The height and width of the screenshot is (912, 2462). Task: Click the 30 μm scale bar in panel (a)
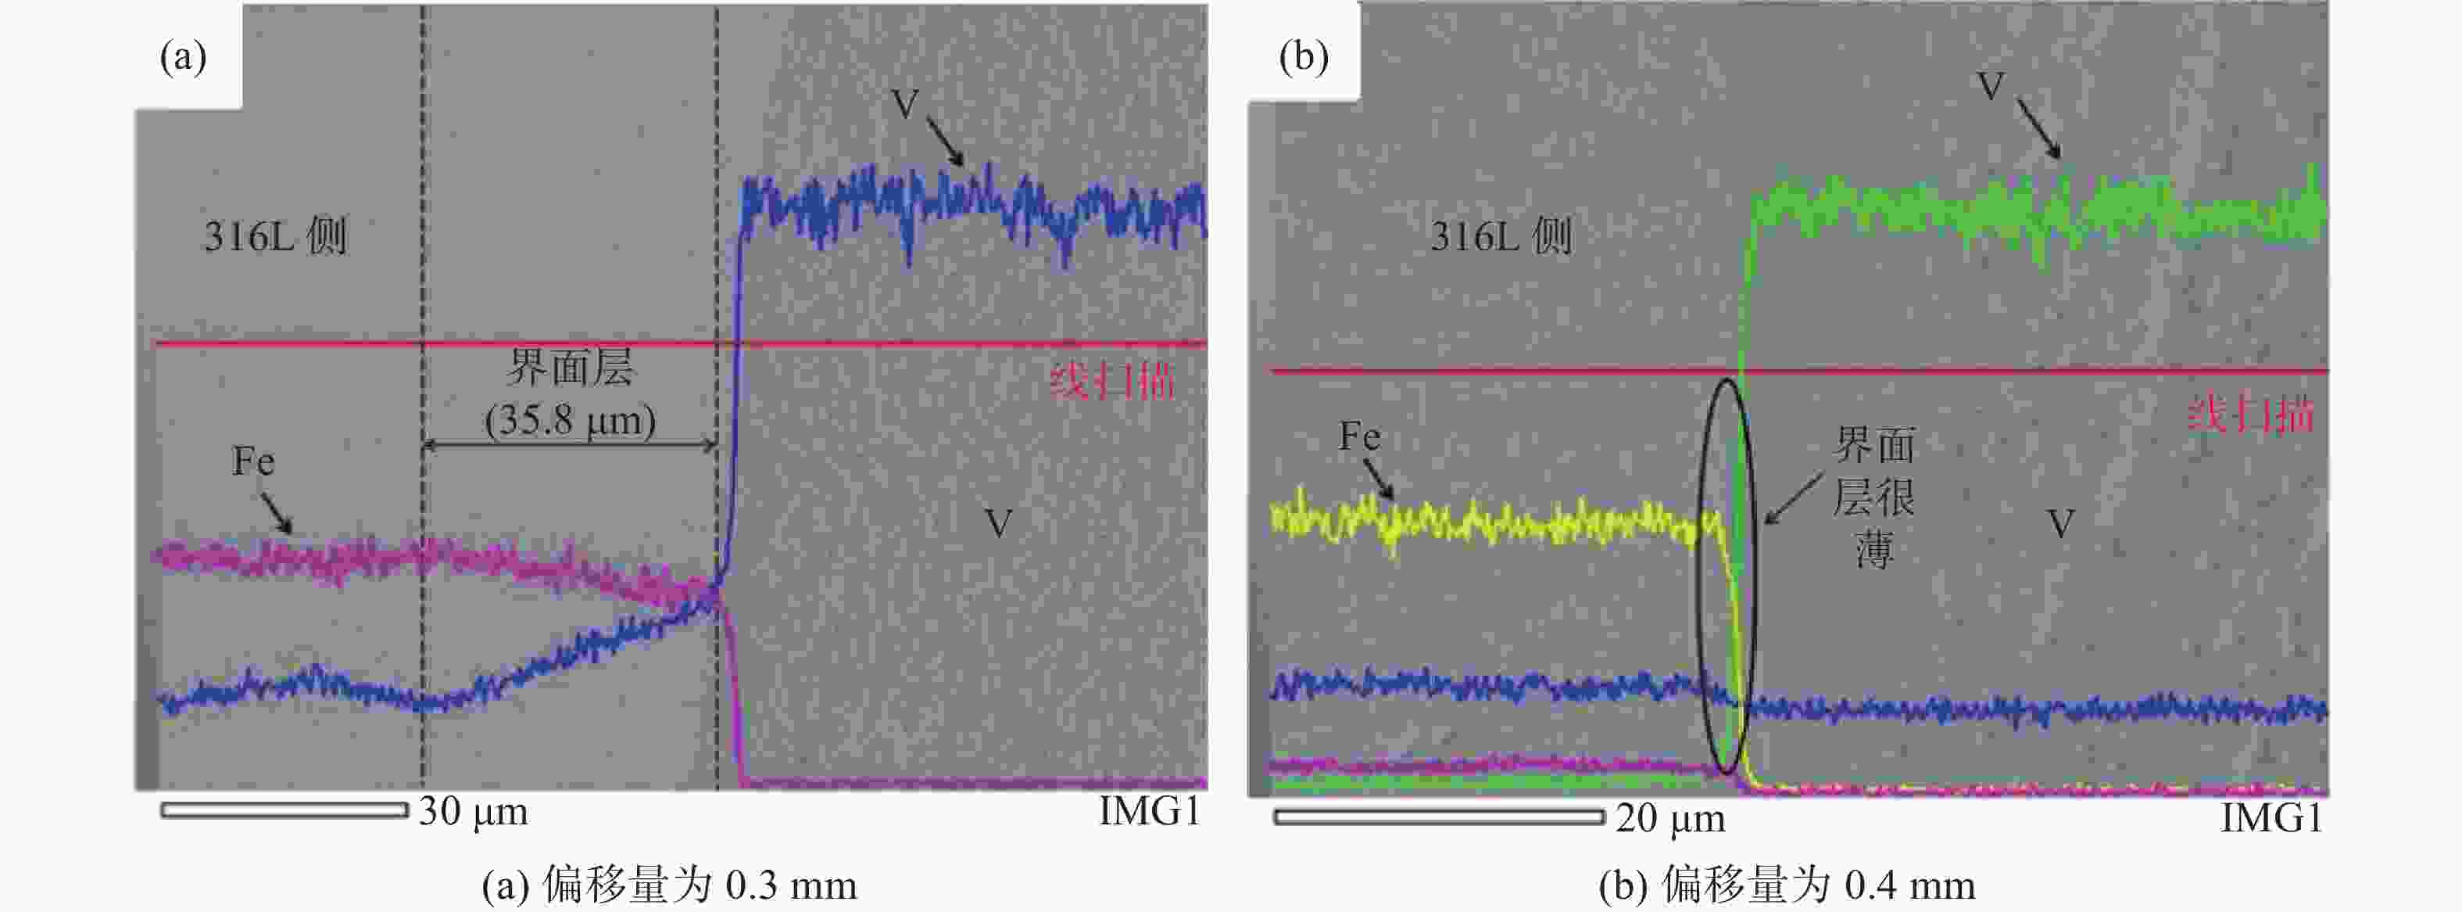pos(284,810)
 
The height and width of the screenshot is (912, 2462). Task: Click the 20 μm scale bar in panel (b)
pos(1438,817)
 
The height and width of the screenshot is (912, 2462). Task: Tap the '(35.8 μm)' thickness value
pos(571,421)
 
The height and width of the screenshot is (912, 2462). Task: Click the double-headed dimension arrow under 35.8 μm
pos(570,444)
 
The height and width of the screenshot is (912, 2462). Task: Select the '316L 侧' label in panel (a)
pos(275,236)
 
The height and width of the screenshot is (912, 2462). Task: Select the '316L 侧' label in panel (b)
pos(1501,236)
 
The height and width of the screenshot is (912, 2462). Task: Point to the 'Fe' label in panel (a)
pos(253,461)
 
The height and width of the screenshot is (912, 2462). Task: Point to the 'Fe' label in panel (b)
pos(1359,437)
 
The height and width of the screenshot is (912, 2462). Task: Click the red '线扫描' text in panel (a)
pos(1111,382)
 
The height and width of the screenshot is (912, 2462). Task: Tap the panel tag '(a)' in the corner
pos(184,56)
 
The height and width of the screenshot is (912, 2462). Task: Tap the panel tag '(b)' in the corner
pos(1304,56)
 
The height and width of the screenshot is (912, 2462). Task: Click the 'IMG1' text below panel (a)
pos(1149,812)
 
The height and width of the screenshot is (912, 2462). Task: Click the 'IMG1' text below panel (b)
pos(2271,818)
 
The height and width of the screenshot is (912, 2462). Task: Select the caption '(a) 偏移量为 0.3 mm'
pos(669,886)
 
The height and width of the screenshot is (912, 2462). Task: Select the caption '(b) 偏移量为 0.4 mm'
pos(1786,886)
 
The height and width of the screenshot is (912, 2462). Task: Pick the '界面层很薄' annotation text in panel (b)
pos(1874,497)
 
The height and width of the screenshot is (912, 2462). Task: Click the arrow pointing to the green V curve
pos(2038,127)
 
